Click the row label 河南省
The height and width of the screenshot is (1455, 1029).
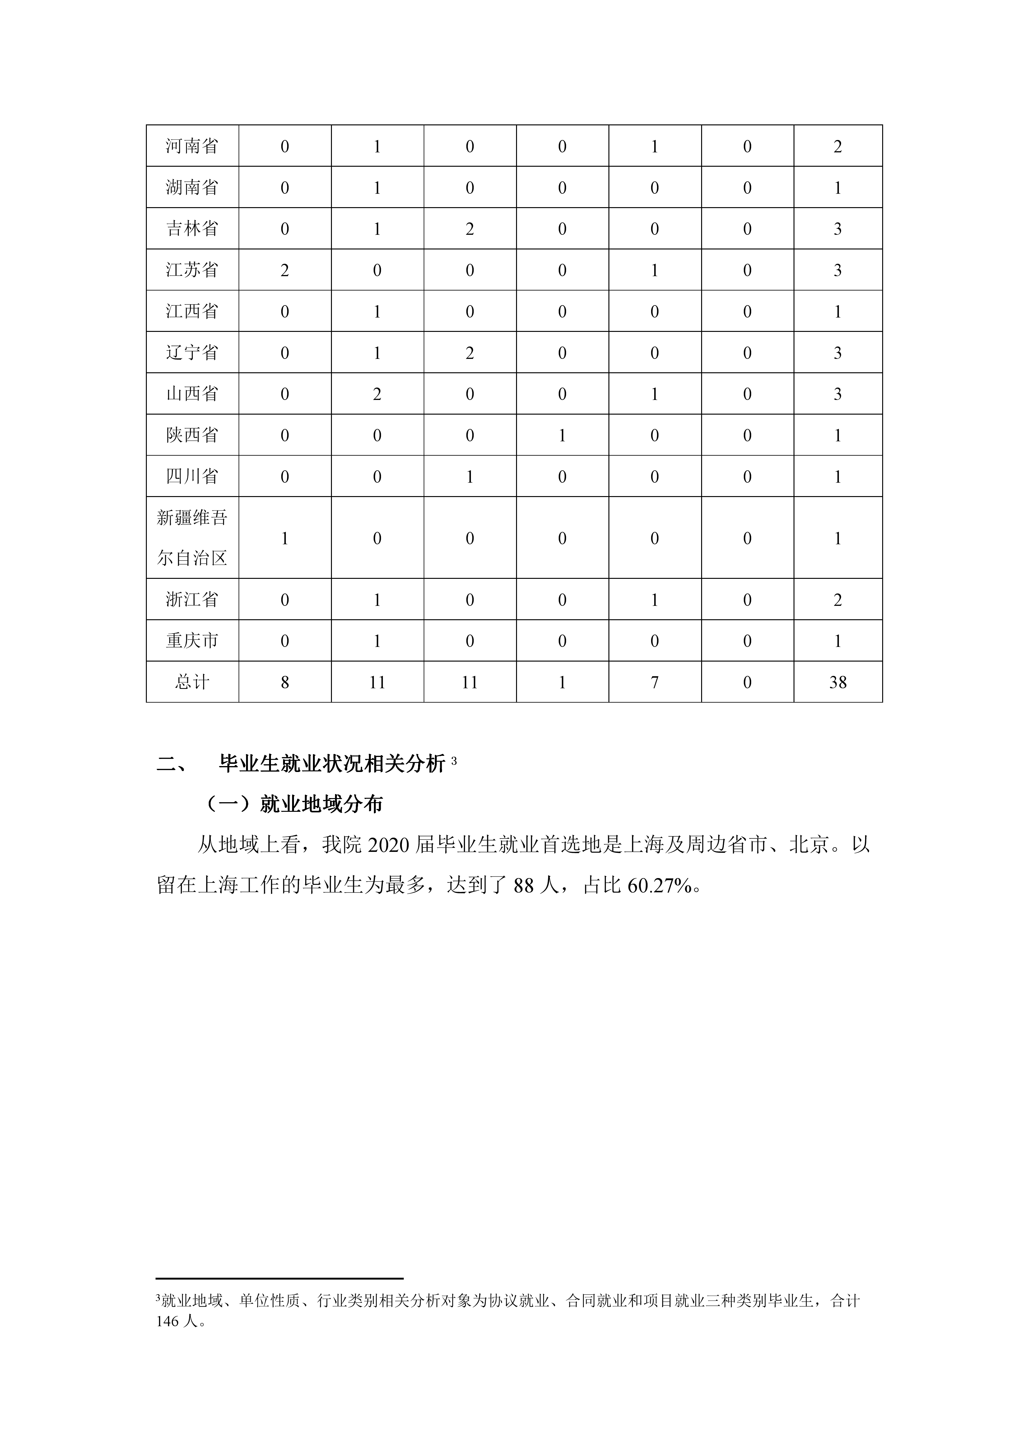point(192,146)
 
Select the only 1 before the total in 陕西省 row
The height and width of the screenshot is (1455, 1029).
point(562,435)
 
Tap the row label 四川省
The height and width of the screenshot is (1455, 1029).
point(192,476)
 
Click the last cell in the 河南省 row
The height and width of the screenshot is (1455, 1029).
point(838,146)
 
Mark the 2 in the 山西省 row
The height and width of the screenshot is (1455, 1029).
point(377,394)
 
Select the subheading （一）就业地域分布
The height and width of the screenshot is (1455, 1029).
point(295,805)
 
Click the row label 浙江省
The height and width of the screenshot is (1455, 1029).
point(192,599)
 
